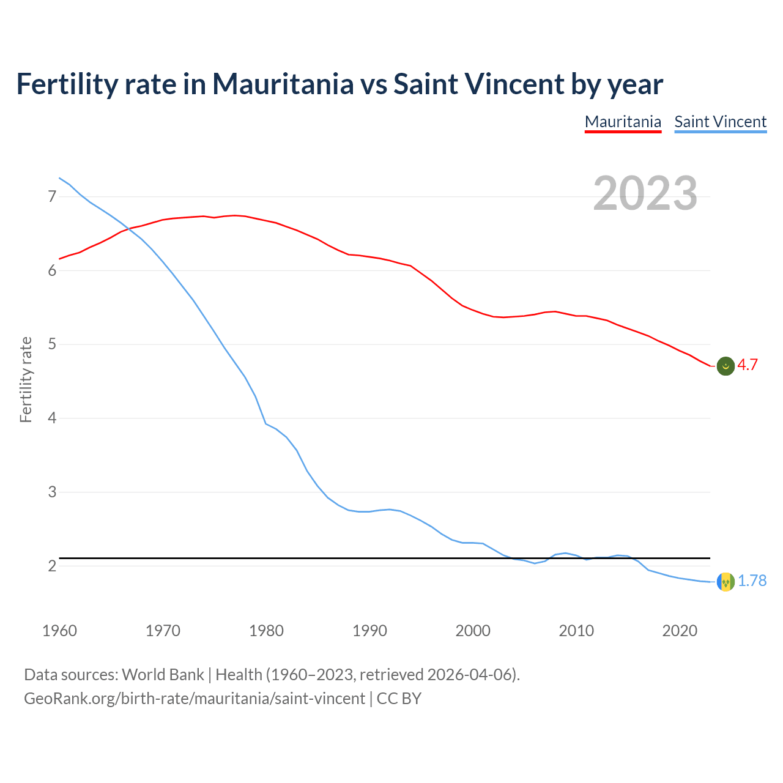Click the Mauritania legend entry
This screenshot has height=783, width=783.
623,122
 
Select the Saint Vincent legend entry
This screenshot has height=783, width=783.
720,122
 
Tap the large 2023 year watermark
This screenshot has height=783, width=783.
645,193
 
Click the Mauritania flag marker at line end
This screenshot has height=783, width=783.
725,366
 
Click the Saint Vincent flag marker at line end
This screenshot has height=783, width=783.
725,582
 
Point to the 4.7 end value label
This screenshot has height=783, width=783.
748,365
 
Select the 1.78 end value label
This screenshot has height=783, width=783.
752,581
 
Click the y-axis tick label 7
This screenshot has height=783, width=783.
52,197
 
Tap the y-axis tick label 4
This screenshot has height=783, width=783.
52,418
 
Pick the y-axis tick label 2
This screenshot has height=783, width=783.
52,566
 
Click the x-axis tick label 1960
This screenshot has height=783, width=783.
59,631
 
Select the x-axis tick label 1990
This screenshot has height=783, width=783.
369,631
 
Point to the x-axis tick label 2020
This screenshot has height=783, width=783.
680,631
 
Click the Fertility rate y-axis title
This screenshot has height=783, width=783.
26,379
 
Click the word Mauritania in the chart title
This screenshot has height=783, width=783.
283,84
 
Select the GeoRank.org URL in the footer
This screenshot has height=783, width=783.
195,699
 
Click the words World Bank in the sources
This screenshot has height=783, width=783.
163,675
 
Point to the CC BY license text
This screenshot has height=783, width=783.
399,699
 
